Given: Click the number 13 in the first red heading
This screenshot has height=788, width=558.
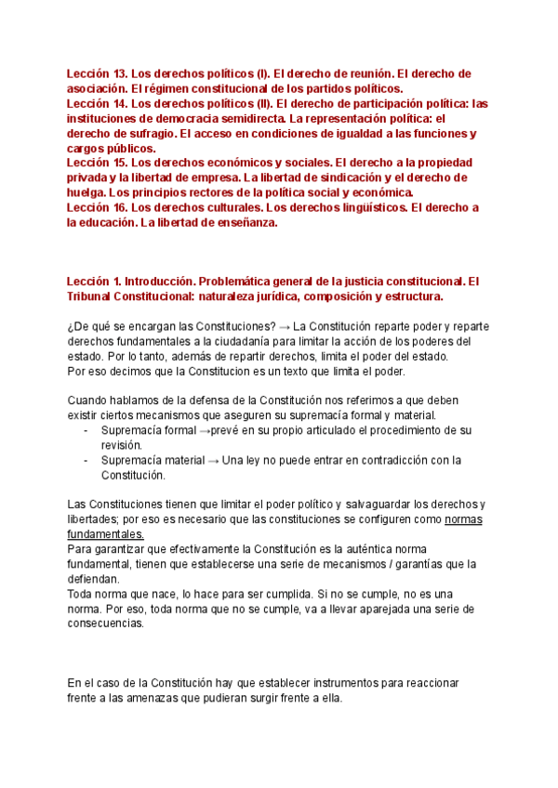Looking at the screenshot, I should (116, 72).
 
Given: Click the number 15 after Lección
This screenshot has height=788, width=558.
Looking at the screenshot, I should (117, 163).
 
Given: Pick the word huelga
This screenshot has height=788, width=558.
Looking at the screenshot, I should (86, 192).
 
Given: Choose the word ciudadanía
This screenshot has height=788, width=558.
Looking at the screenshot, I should (218, 342).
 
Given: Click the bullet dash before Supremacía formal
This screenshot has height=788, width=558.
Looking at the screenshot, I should (86, 430).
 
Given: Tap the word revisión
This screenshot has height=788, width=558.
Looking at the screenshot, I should (121, 445).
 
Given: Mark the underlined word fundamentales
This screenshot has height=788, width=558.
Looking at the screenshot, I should (105, 534).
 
